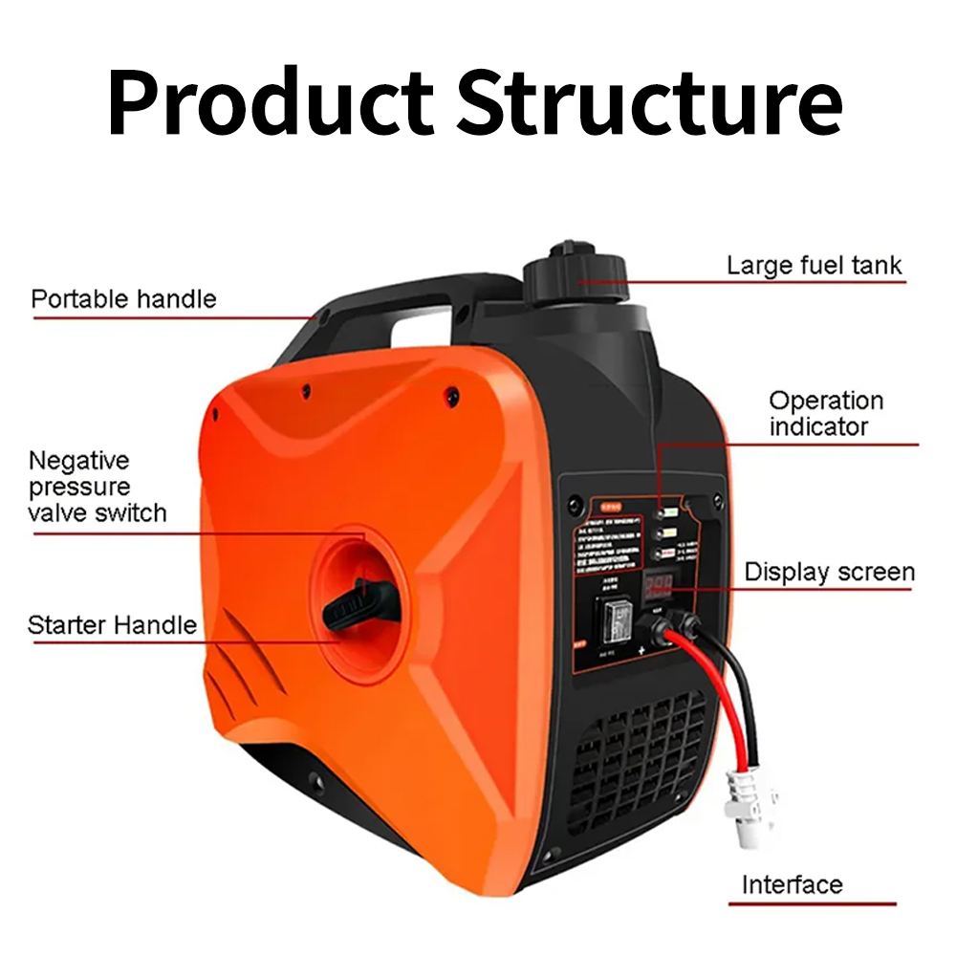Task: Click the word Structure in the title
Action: [x=649, y=102]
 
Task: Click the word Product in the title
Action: [x=271, y=102]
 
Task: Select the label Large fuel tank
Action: [x=814, y=265]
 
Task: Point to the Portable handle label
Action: [x=123, y=299]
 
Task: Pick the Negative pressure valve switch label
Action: [x=97, y=487]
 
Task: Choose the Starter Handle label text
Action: [x=112, y=626]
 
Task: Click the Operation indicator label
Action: [x=826, y=413]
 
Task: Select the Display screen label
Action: [x=829, y=573]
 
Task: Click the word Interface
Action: [x=793, y=884]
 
